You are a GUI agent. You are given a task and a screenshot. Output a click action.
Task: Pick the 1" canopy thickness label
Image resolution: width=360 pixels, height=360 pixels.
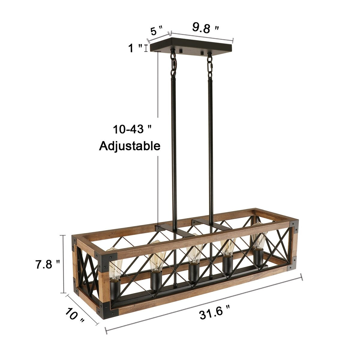coord(135,48)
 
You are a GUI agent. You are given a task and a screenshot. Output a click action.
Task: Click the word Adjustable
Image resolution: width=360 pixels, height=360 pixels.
coord(130,146)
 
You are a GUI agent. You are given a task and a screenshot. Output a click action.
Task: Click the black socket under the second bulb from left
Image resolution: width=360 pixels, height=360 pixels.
coord(156,280)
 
